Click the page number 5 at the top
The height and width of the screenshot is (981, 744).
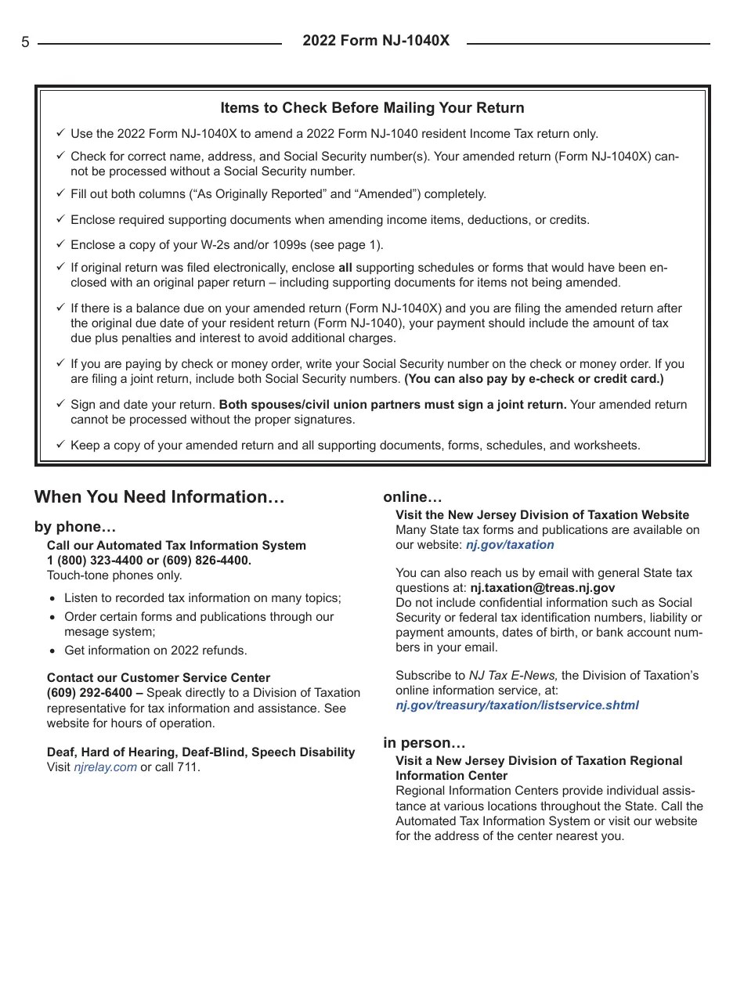(25, 43)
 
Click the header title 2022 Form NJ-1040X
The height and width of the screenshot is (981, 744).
(376, 41)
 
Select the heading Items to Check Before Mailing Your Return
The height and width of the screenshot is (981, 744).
(372, 108)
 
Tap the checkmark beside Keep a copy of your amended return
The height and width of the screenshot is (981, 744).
(60, 445)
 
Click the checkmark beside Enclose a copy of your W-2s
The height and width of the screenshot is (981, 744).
(60, 244)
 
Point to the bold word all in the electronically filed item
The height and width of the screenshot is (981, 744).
(345, 268)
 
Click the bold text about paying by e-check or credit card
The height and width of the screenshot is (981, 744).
(533, 379)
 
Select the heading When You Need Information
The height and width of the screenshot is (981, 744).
(159, 497)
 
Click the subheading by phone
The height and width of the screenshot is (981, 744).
(74, 527)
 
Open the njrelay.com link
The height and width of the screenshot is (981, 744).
(105, 767)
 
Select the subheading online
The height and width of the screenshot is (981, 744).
(412, 497)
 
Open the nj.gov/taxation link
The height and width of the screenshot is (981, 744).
(510, 545)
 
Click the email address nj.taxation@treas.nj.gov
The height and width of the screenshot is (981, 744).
(542, 588)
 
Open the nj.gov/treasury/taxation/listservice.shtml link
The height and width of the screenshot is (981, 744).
(517, 705)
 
